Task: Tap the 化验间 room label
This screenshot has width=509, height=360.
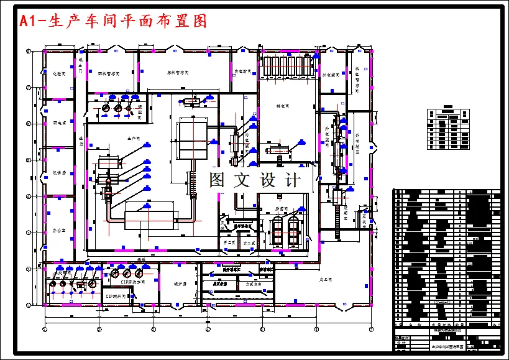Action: point(58,73)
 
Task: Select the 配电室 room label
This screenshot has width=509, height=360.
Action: point(59,122)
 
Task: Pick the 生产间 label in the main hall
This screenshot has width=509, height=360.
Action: point(134,138)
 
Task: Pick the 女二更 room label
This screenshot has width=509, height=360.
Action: point(249,242)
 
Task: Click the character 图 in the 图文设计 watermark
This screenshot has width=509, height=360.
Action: point(217,180)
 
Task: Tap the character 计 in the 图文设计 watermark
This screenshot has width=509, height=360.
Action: point(291,180)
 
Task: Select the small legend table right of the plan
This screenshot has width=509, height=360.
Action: point(447,127)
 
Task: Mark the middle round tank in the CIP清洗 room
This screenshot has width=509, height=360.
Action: point(127,273)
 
